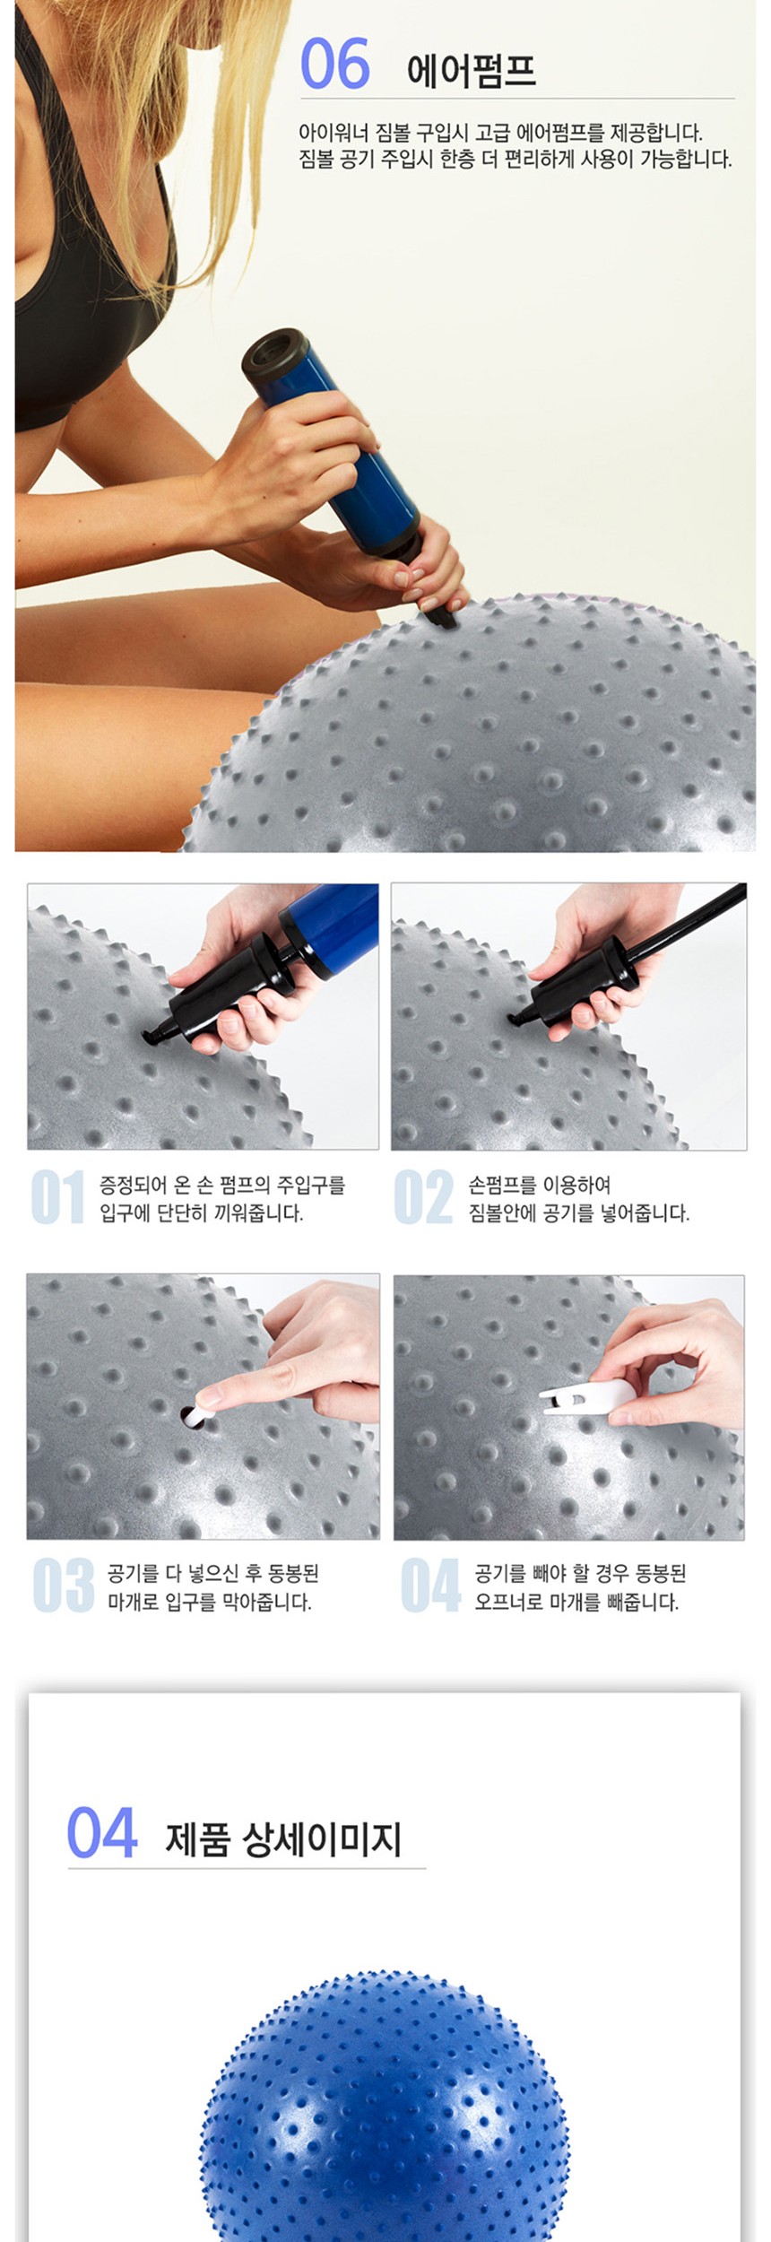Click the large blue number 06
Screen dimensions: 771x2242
pos(334,64)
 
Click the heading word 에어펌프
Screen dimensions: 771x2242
pos(472,69)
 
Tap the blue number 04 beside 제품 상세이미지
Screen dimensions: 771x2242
pos(102,1833)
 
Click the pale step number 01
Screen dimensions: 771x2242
pos(58,1197)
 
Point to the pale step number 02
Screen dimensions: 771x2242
pos(423,1197)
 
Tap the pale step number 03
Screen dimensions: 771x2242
pos(63,1585)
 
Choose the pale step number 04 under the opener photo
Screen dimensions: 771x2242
pos(430,1585)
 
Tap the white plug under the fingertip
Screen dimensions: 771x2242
pos(195,1415)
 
